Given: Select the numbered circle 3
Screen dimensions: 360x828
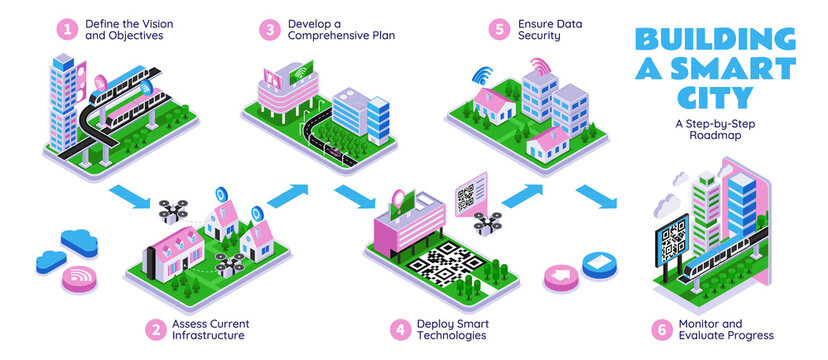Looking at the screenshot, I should pos(271,29).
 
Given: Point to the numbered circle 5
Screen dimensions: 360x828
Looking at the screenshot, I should pos(501,29).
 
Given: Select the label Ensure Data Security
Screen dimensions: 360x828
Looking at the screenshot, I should pos(549,29).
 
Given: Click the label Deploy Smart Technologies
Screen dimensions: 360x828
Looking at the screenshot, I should pos(451,329).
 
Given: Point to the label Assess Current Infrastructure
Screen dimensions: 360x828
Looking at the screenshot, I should pos(212,329).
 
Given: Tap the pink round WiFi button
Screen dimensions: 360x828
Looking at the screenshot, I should pos(79,277).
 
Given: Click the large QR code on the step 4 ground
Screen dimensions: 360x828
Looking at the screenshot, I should pos(441,264).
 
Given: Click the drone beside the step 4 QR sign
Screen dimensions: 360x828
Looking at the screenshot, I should pos(489,221).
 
